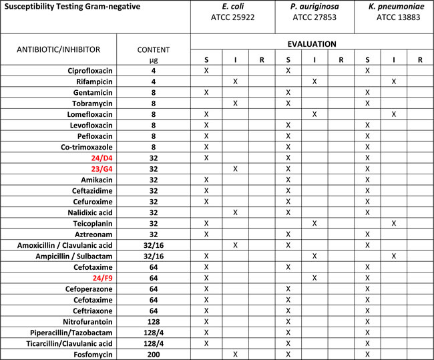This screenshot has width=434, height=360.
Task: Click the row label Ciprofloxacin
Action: click(x=87, y=70)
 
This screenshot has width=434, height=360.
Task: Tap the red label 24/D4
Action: click(x=99, y=158)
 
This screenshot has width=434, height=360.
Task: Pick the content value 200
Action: click(x=154, y=354)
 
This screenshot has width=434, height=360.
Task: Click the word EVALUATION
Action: click(x=312, y=44)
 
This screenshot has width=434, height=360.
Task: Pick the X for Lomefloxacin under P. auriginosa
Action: click(x=314, y=114)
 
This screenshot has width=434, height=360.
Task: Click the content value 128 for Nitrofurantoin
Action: click(x=154, y=321)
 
